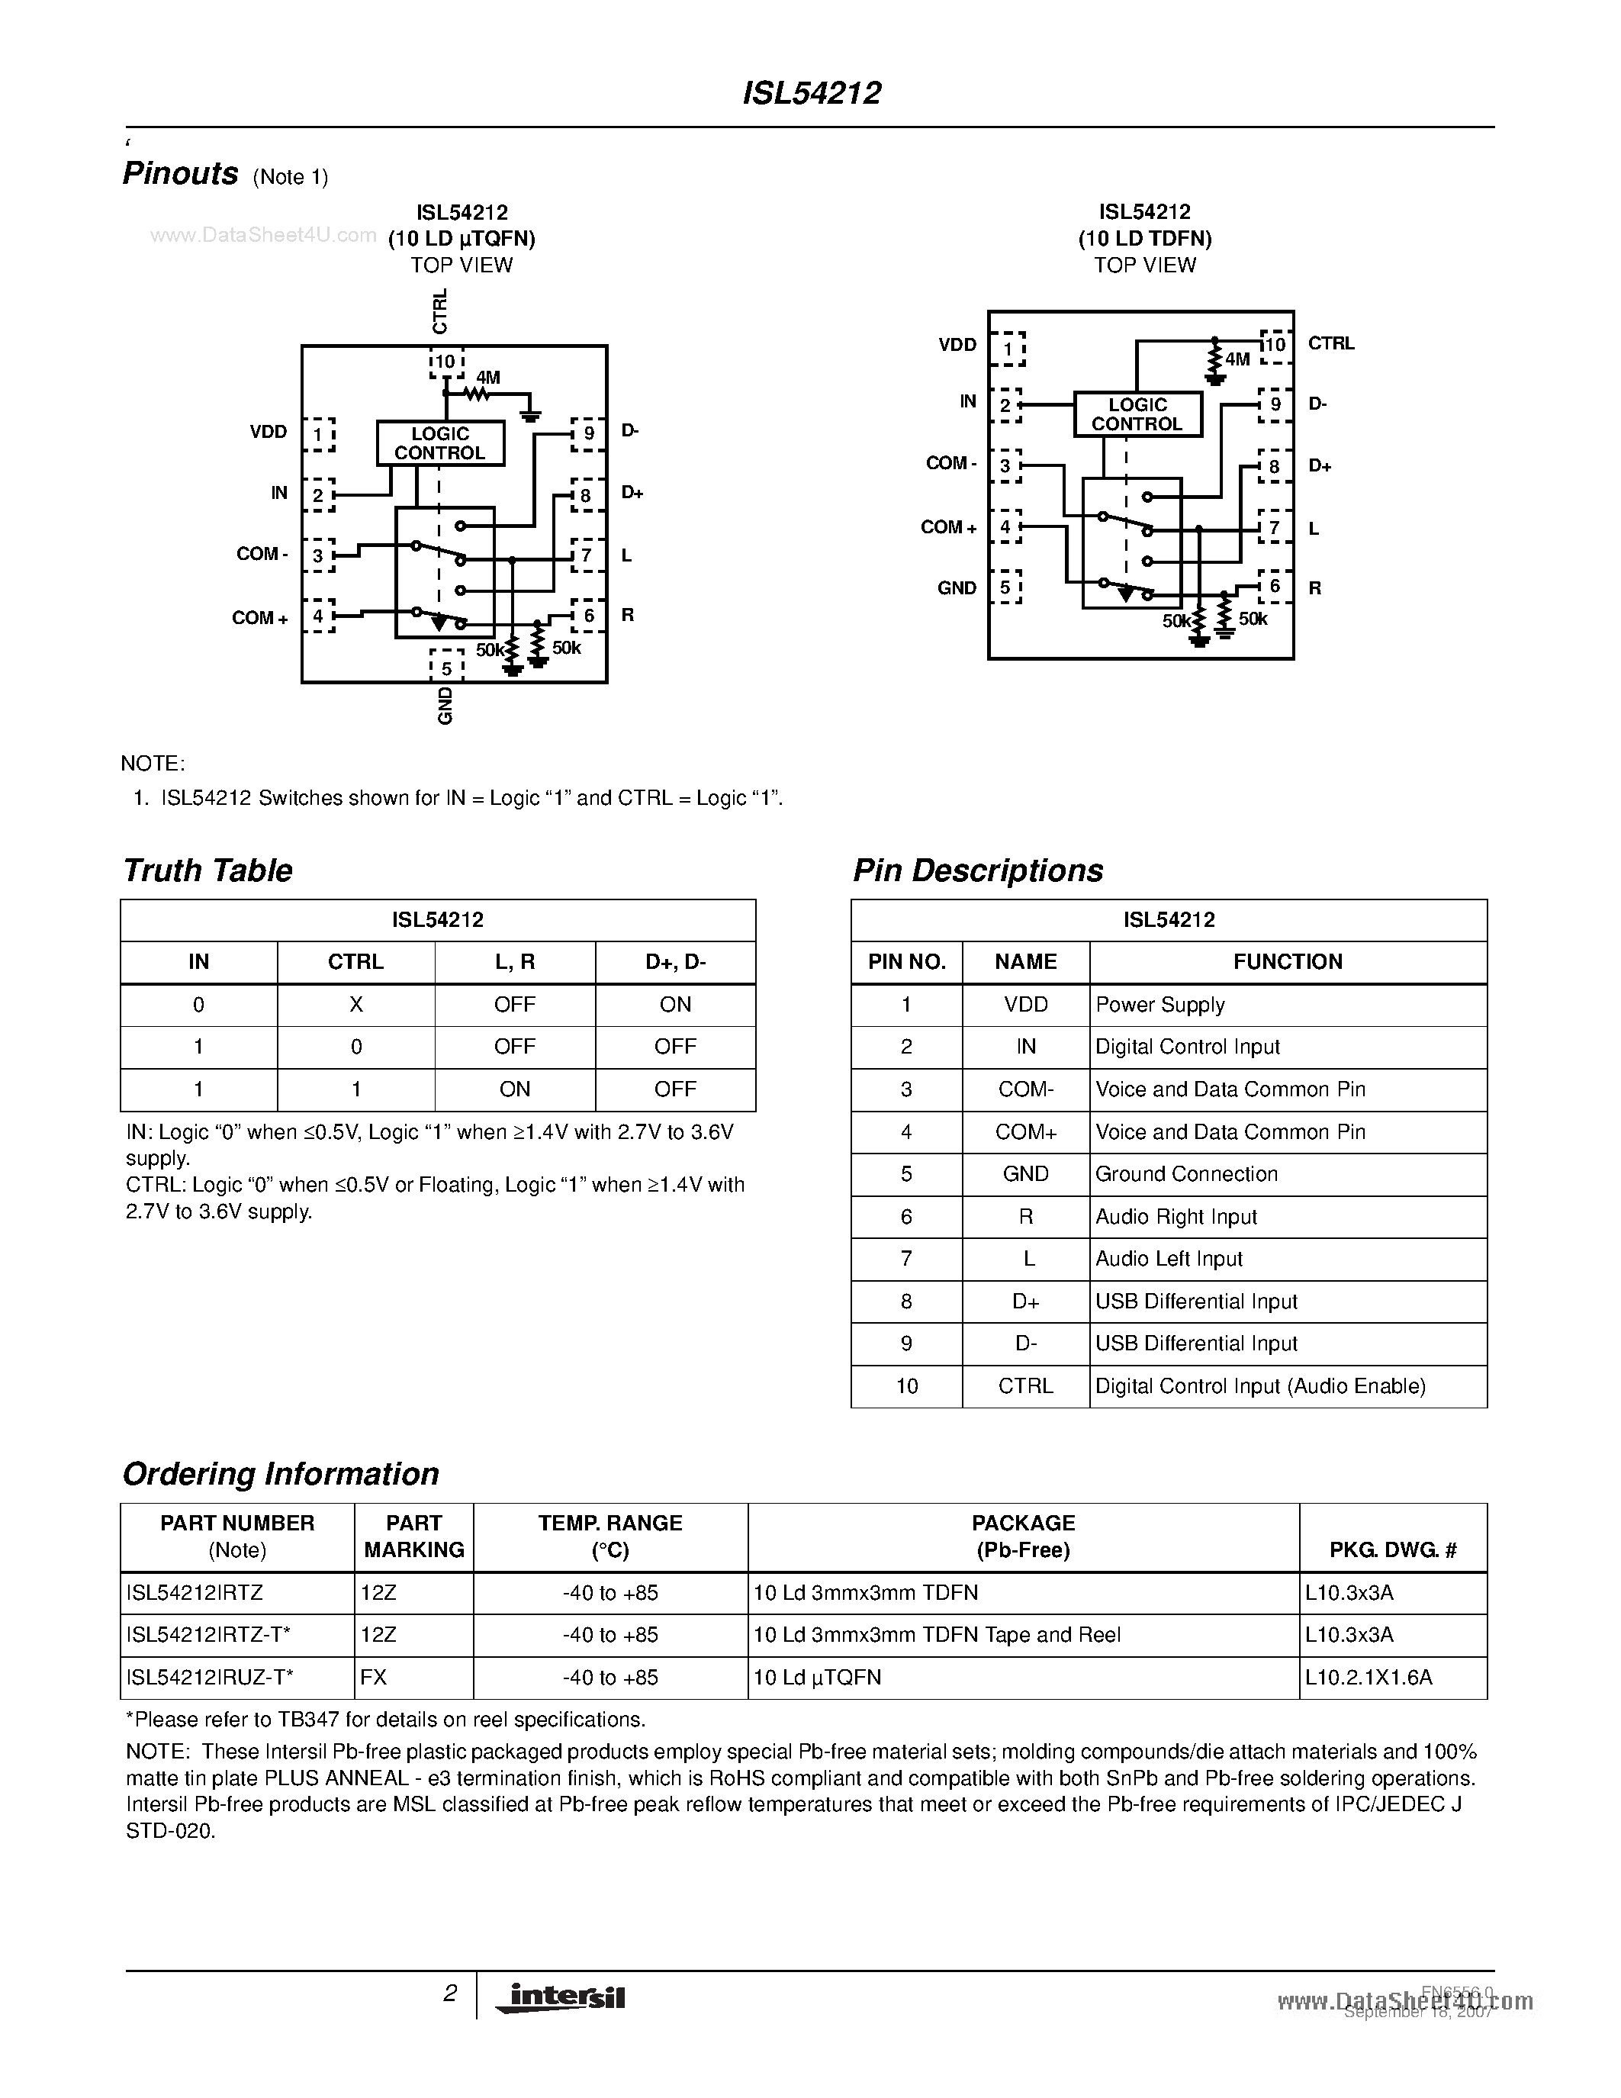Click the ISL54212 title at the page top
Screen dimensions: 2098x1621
click(x=812, y=93)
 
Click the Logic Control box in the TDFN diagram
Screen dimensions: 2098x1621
click(x=1137, y=415)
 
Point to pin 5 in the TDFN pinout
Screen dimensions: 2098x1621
click(x=1006, y=587)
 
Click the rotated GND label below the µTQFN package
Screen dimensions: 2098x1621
click(x=445, y=706)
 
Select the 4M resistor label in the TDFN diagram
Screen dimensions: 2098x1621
click(x=1238, y=360)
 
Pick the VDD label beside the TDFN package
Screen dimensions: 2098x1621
click(x=957, y=345)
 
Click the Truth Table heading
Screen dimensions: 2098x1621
click(x=207, y=870)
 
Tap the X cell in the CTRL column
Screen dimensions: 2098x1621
click(x=355, y=1005)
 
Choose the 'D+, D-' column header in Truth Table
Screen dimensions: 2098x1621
click(x=675, y=961)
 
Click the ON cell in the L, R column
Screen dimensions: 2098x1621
click(x=515, y=1089)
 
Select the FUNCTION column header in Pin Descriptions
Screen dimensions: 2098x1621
click(x=1287, y=961)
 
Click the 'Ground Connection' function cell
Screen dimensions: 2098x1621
click(x=1186, y=1174)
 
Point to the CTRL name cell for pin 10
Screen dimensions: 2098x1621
click(x=1025, y=1386)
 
